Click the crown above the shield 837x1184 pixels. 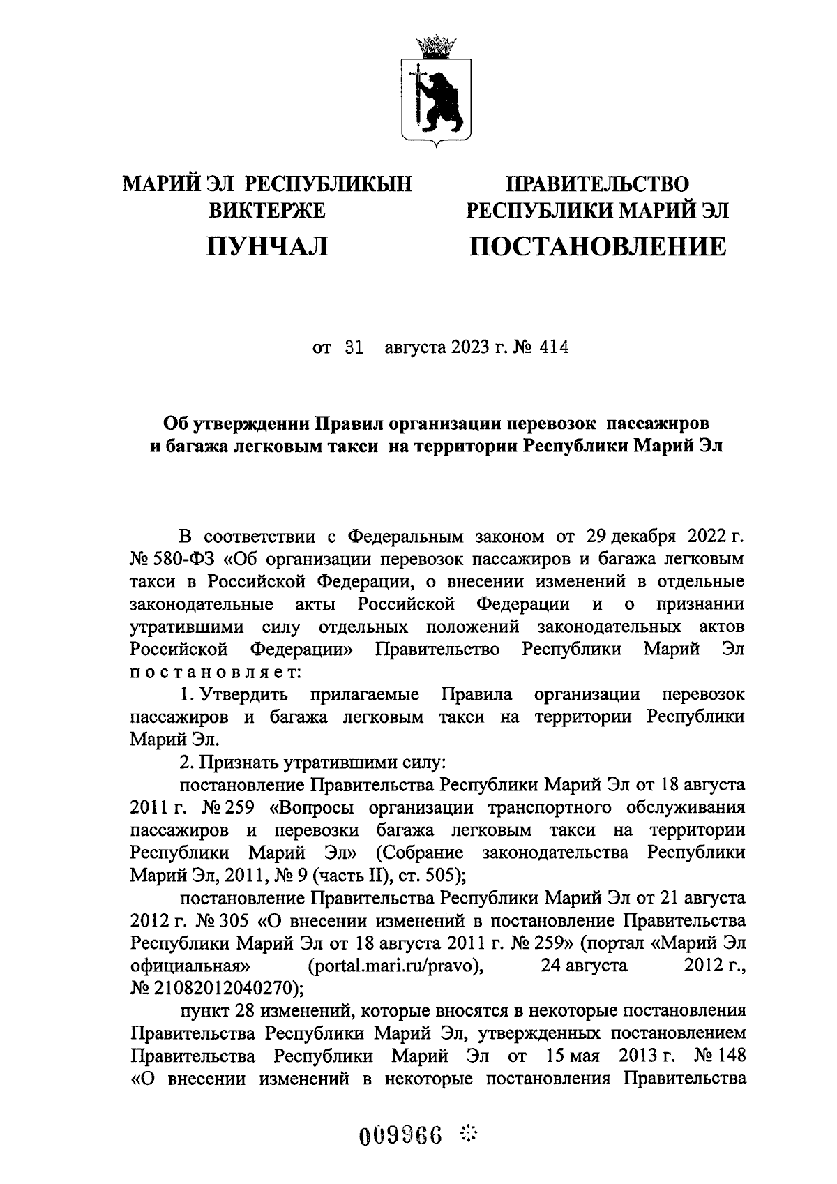[436, 47]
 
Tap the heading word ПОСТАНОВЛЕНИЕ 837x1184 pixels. [597, 246]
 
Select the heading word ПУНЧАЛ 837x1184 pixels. [267, 246]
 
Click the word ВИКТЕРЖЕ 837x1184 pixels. [267, 209]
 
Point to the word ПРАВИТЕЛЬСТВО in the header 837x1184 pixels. [597, 183]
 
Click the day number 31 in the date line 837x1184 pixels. [354, 347]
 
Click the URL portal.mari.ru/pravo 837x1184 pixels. [395, 966]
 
